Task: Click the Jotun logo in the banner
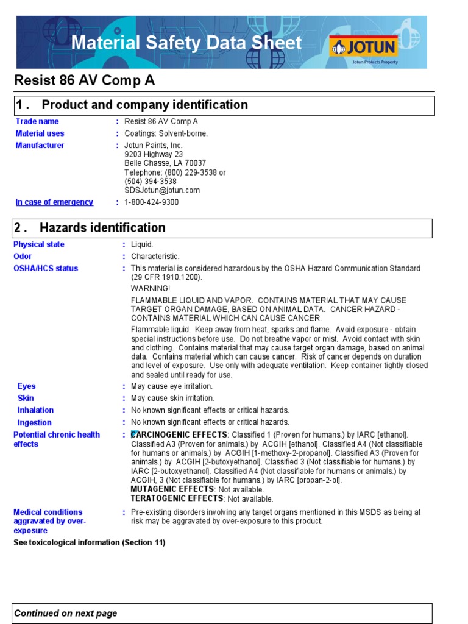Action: (363, 47)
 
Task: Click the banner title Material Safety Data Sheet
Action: (186, 43)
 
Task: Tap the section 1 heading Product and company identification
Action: (144, 105)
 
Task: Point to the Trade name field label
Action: (37, 121)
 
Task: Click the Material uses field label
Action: (40, 133)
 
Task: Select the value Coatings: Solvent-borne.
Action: (166, 133)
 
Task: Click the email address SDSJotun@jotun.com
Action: (162, 190)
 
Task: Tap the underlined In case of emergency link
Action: (54, 202)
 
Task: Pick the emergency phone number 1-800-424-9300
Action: (152, 202)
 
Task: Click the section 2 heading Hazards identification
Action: (102, 228)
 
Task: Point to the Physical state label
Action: (39, 244)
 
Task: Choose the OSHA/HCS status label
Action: (46, 269)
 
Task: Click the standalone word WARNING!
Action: (151, 288)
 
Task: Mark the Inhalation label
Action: (35, 410)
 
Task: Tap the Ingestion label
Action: (35, 422)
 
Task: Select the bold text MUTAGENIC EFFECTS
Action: (172, 489)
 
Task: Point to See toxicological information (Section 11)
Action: (89, 542)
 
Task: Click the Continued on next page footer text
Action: (66, 614)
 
